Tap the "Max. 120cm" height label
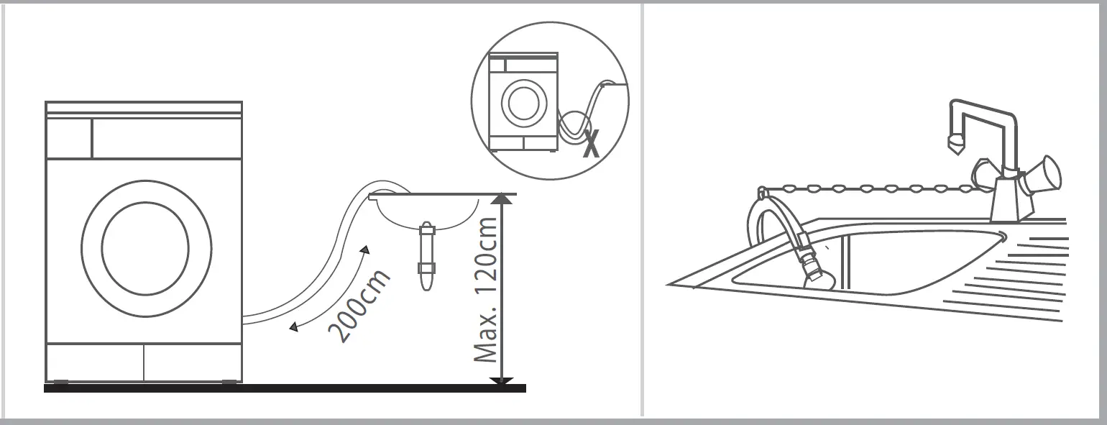486,291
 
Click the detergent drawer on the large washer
69,138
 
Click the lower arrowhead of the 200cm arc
293,329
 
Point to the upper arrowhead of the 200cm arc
365,250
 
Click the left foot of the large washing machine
60,382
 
